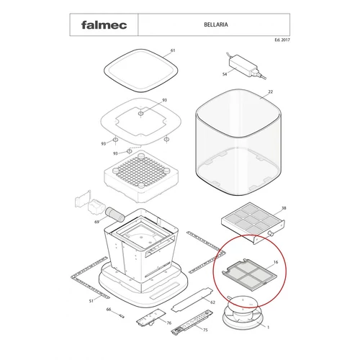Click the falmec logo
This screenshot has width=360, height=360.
pyautogui.click(x=104, y=25)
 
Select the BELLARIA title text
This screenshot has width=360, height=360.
pyautogui.click(x=216, y=24)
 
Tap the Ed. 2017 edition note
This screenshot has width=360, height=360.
pyautogui.click(x=282, y=40)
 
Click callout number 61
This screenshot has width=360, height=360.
pyautogui.click(x=173, y=50)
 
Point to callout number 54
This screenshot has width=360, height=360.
pyautogui.click(x=225, y=74)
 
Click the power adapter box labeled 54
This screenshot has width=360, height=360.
pyautogui.click(x=243, y=64)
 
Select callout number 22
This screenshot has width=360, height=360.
pyautogui.click(x=271, y=91)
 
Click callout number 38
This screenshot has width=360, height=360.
pyautogui.click(x=284, y=208)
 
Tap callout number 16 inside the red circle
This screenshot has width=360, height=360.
pyautogui.click(x=276, y=262)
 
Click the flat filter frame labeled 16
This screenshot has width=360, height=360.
pyautogui.click(x=250, y=274)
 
